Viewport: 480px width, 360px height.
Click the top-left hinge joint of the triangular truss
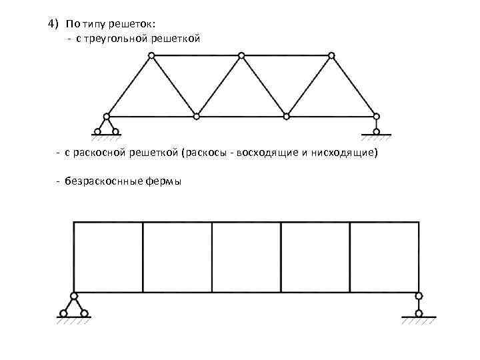[152, 55]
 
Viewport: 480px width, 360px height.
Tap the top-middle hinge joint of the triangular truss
[241, 55]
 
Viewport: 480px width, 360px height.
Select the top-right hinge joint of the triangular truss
[331, 55]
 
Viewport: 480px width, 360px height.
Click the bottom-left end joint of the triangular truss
[107, 117]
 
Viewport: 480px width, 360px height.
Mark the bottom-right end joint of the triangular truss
[376, 117]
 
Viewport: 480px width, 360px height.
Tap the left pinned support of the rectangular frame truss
[74, 307]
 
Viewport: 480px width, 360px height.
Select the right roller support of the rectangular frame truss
[419, 307]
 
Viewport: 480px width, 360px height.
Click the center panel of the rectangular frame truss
[246, 257]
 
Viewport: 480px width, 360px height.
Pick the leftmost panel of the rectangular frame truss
[108, 257]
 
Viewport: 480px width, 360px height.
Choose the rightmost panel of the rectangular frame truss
[384, 257]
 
